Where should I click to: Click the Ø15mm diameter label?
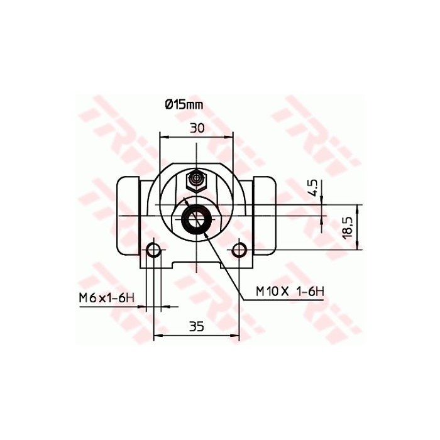click(184, 105)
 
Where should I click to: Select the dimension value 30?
click(197, 128)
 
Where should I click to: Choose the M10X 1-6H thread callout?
click(290, 291)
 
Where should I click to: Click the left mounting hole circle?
click(154, 251)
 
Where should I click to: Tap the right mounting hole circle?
click(239, 251)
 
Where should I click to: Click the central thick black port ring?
click(195, 220)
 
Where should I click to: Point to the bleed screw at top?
click(197, 180)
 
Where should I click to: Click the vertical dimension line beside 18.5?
click(359, 228)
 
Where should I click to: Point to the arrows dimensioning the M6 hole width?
click(154, 307)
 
